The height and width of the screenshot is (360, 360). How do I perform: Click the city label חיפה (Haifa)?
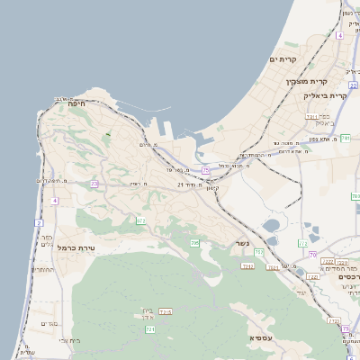pyautogui.click(x=75, y=104)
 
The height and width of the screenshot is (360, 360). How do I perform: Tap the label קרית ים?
pyautogui.click(x=283, y=59)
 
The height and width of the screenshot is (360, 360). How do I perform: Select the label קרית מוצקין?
pyautogui.click(x=304, y=82)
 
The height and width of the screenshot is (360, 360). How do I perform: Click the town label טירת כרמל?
pyautogui.click(x=76, y=247)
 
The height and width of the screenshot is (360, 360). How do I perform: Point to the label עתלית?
pyautogui.click(x=29, y=352)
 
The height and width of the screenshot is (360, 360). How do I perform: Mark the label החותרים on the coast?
pyautogui.click(x=42, y=269)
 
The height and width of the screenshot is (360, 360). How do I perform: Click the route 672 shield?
pyautogui.click(x=141, y=220)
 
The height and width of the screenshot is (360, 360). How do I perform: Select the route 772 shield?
pyautogui.click(x=332, y=321)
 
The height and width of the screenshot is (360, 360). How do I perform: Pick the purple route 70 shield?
pyautogui.click(x=312, y=255)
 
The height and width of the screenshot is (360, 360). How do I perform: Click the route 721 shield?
pyautogui.click(x=150, y=329)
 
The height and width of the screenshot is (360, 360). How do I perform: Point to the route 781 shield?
pyautogui.click(x=345, y=138)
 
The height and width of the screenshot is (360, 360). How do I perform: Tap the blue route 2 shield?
pyautogui.click(x=39, y=221)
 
